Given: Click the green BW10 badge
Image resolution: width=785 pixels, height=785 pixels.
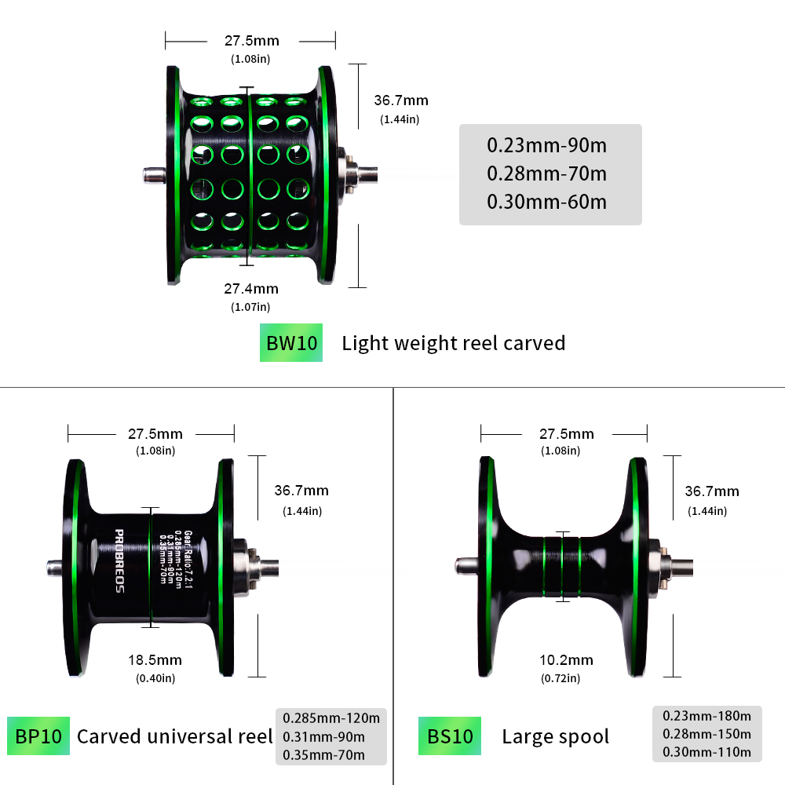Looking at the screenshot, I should (x=291, y=343).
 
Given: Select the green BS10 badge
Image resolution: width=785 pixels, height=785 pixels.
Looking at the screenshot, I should (x=450, y=736).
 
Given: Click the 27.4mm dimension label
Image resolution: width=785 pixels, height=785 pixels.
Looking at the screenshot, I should (x=251, y=289).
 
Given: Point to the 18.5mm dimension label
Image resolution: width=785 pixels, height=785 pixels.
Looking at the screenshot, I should (x=155, y=660).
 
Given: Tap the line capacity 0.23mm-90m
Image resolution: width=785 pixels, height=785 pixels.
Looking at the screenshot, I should (x=547, y=145).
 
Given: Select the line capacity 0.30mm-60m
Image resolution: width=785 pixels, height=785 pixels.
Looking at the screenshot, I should (x=547, y=202).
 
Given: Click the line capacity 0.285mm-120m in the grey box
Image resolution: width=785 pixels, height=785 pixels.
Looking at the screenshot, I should (x=331, y=717).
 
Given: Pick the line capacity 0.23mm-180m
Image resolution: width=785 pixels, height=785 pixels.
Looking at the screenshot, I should (x=706, y=715).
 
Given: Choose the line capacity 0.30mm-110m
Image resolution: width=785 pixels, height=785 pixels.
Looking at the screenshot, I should (x=706, y=752).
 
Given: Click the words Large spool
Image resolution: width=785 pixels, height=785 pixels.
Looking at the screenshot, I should (x=555, y=736).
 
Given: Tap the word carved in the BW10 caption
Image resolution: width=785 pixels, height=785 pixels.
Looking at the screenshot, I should (x=535, y=343).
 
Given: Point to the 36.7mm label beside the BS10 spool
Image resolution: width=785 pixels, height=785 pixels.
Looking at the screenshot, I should (x=712, y=491).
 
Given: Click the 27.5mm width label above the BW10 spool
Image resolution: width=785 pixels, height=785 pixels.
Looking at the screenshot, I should (x=251, y=41).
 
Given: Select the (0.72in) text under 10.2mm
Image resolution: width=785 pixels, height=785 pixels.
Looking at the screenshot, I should (x=560, y=677).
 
